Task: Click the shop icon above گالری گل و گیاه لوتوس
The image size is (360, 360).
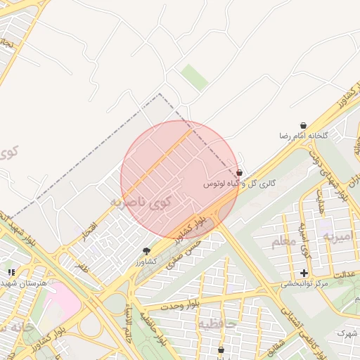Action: (240, 172)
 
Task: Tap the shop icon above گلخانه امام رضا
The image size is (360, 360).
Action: (303, 125)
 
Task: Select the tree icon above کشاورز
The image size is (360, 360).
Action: (146, 251)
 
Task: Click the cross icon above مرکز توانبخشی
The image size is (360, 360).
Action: (304, 273)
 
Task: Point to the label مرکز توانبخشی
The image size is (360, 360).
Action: (305, 284)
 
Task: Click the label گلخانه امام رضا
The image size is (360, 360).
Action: (303, 135)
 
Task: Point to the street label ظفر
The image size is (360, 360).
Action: (82, 267)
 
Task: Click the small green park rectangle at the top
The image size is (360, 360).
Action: (194, 77)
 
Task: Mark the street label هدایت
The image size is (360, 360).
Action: (323, 202)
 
